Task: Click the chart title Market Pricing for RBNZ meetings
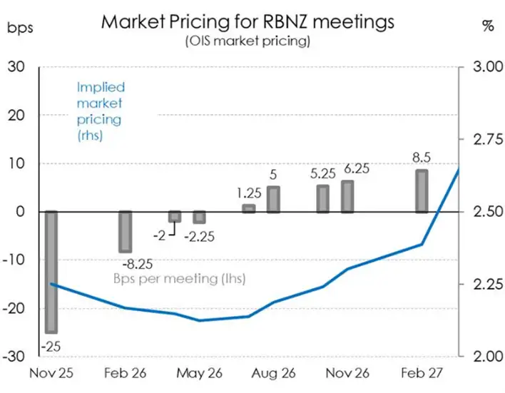[247, 21]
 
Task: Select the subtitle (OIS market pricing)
[248, 41]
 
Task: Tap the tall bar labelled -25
[51, 271]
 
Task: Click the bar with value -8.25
[125, 231]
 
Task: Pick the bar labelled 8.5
[422, 190]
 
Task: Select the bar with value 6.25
[347, 196]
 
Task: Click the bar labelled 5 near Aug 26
[273, 199]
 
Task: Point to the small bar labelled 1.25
[249, 208]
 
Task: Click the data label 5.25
[322, 172]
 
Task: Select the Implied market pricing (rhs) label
[101, 111]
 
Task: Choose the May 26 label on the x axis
[199, 373]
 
